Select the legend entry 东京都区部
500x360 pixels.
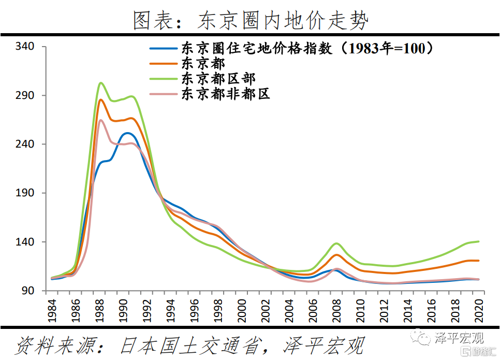pos(218,79)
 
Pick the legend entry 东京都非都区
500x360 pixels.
pos(225,94)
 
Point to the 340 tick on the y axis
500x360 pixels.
pos(25,47)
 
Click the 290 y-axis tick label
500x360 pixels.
pos(25,96)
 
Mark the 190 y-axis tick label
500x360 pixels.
pos(25,193)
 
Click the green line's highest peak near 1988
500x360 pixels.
pos(101,83)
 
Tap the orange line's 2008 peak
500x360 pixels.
pos(336,254)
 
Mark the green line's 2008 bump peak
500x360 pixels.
pos(336,243)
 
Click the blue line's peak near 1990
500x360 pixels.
pos(127,133)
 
